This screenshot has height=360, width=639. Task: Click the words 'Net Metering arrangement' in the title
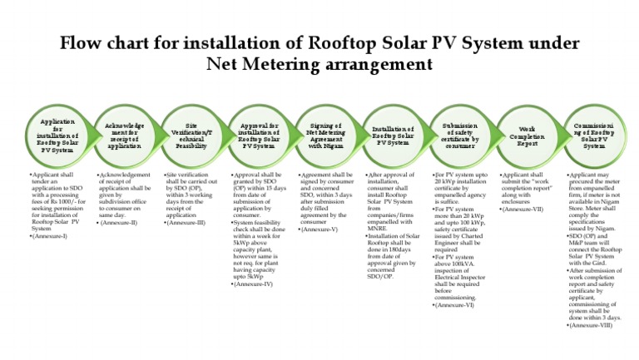pos(319,64)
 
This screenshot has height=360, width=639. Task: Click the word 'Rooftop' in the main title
pos(353,42)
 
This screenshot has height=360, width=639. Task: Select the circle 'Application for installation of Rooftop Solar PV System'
pos(57,136)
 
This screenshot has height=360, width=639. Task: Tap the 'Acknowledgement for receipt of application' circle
pos(125,136)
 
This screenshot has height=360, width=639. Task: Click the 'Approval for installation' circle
pos(259,136)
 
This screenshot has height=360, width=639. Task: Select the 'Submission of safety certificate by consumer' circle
pos(460,136)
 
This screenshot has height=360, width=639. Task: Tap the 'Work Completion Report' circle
pos(527,136)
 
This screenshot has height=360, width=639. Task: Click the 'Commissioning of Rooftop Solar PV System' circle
pos(594,136)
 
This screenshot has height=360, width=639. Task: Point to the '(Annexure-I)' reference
pos(50,237)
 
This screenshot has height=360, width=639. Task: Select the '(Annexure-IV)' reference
pos(255,284)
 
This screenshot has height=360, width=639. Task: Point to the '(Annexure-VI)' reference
pos(455,306)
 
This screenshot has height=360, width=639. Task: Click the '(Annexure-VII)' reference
pos(525,209)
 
